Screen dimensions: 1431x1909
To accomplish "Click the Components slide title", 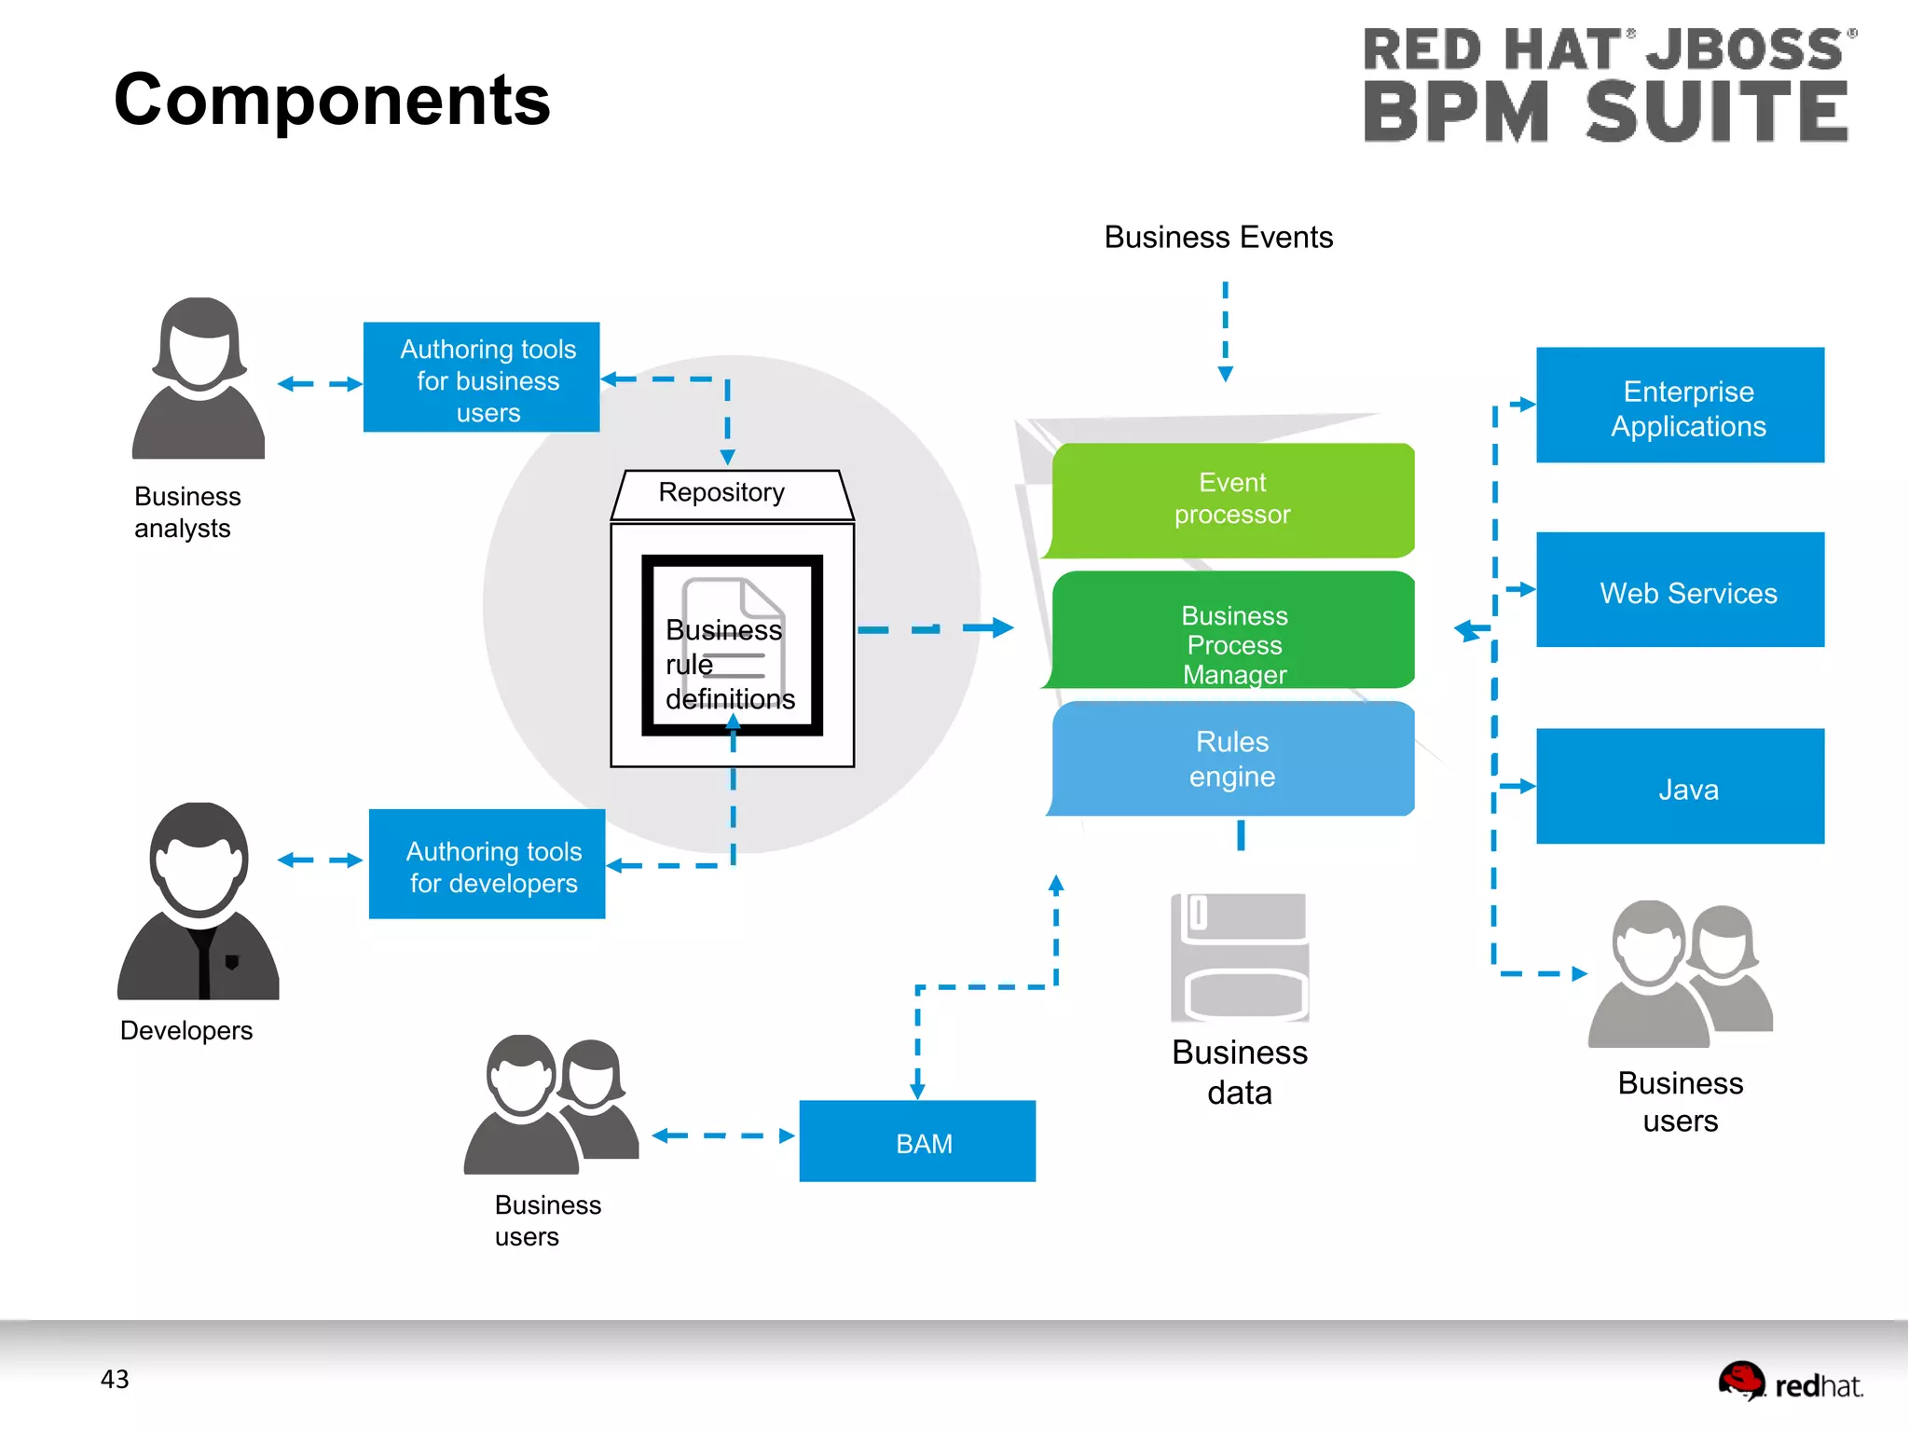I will point(332,100).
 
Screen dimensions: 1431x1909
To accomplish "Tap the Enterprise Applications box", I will point(1679,406).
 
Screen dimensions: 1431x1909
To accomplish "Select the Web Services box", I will point(1679,590).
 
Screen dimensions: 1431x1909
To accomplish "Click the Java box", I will point(1679,787).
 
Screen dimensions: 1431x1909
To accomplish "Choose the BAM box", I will point(917,1142).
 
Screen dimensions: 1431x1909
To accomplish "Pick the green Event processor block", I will point(1232,500).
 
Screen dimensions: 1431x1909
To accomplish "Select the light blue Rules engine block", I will point(1232,759).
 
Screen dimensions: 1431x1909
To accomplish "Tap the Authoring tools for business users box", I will point(482,378).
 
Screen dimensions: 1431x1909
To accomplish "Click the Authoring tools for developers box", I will point(488,865).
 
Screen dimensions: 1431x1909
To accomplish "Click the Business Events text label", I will point(1218,238).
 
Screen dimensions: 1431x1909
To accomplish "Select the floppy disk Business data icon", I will point(1240,957).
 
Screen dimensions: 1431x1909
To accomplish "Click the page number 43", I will point(115,1379).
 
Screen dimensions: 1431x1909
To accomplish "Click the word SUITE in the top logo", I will point(1717,112).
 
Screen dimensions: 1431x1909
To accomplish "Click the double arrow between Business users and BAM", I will point(723,1135).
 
